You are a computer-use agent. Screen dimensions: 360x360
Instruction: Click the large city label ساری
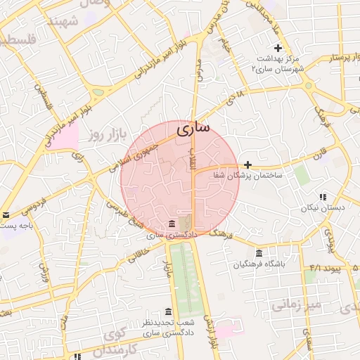point(193,130)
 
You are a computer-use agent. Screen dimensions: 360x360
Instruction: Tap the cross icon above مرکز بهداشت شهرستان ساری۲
point(278,48)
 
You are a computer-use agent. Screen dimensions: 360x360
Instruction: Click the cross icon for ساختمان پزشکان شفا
point(248,164)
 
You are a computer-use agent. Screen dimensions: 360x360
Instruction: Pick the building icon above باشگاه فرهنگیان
point(259,253)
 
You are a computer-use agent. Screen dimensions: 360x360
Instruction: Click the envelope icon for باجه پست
point(6,215)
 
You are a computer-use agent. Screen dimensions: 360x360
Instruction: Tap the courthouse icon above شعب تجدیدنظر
point(167,311)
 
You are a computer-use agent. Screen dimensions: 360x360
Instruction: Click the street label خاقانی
point(141,246)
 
